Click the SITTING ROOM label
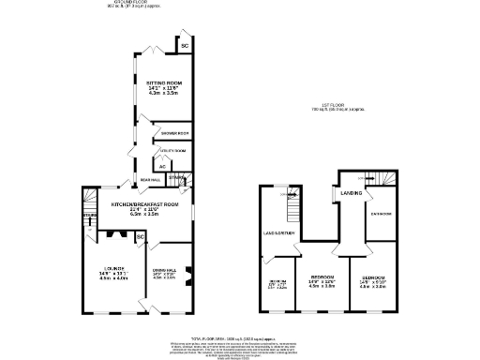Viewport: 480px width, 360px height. tap(164, 82)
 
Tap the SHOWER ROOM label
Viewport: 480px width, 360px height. tap(175, 134)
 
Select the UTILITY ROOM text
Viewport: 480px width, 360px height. tap(173, 150)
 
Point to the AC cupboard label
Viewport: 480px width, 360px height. tap(162, 166)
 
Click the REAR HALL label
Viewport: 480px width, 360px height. tap(150, 179)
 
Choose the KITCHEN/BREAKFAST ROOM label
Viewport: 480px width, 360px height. tap(145, 203)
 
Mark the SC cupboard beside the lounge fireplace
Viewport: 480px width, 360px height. tap(140, 237)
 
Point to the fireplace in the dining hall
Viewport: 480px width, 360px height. tap(188, 274)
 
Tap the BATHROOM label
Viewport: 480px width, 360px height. tap(380, 214)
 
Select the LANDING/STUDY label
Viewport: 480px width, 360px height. tap(279, 232)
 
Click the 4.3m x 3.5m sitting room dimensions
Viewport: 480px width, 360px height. tap(164, 94)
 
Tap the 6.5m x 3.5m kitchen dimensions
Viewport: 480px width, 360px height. tap(145, 215)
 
